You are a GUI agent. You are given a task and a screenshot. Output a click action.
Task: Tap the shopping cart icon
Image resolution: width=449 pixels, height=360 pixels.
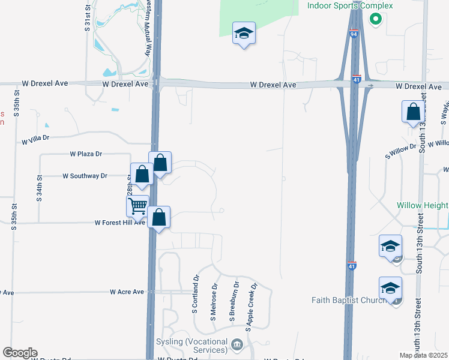point(138,206)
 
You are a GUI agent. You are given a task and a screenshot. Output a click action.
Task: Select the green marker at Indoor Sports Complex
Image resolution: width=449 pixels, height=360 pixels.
point(376,19)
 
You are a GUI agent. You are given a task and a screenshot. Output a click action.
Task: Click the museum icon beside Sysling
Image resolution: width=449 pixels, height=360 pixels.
point(237,344)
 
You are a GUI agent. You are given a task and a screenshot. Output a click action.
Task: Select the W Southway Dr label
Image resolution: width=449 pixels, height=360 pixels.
point(85,176)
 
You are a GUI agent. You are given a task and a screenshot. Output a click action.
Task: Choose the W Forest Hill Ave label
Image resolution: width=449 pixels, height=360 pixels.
point(120,223)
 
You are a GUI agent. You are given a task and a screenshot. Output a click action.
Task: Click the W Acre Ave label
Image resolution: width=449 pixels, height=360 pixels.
point(127,292)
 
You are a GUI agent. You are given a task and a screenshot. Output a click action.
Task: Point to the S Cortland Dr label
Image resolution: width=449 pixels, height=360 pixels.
point(196,295)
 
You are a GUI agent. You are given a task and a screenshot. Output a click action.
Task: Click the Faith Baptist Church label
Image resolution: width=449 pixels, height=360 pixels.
point(349,300)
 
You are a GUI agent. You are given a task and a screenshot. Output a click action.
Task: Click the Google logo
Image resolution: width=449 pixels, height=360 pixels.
point(20,353)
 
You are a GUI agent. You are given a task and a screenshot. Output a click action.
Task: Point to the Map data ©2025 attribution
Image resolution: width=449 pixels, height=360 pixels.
point(423,355)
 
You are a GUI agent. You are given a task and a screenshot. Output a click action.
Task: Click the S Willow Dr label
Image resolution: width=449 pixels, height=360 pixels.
point(401,151)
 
